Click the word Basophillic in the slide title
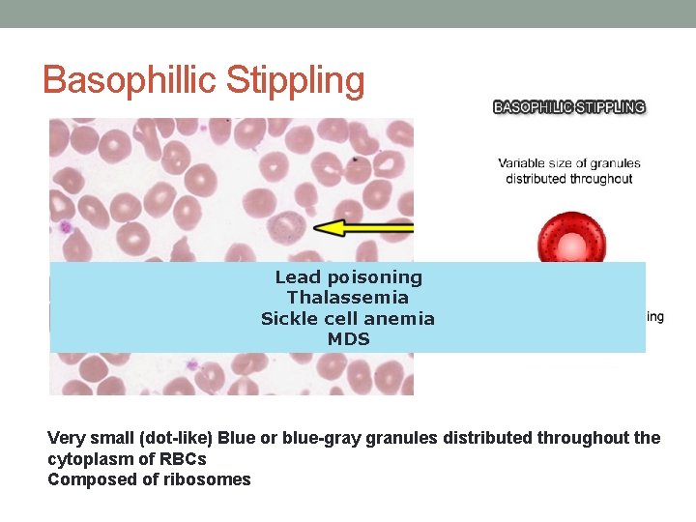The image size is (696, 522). coord(131,79)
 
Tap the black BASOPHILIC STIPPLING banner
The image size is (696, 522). coord(569,107)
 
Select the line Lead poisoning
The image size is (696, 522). coord(348,277)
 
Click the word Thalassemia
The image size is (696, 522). coord(348,298)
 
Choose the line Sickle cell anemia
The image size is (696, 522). coord(348,318)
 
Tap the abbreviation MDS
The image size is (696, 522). coord(348,339)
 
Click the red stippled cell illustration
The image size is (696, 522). coord(570,238)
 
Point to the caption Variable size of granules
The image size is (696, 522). coord(569,163)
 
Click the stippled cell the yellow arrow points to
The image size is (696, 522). coord(289,228)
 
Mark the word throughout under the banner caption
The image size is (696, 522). coord(601,178)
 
